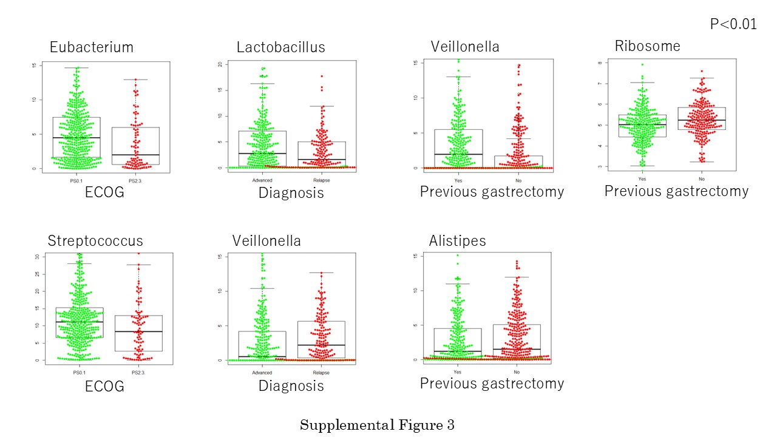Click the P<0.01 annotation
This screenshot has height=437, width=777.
click(x=733, y=24)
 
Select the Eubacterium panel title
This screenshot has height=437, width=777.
click(x=92, y=47)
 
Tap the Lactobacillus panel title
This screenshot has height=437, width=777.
click(x=281, y=47)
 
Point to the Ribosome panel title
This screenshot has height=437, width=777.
click(x=648, y=46)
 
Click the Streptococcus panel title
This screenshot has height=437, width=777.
click(x=95, y=241)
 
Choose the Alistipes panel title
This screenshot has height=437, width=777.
click(x=458, y=240)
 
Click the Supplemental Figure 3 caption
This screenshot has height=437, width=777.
click(x=377, y=425)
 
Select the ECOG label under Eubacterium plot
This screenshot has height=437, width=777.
click(x=104, y=192)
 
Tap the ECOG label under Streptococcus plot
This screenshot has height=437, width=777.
click(x=104, y=386)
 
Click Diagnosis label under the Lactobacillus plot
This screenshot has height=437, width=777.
click(x=291, y=193)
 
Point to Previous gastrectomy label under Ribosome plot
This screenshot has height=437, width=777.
click(x=676, y=191)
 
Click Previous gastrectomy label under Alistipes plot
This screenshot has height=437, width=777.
click(x=492, y=384)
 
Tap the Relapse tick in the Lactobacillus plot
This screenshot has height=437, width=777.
click(x=321, y=180)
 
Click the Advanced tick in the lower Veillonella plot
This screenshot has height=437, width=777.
click(x=262, y=373)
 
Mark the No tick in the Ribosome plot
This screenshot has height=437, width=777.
click(x=702, y=180)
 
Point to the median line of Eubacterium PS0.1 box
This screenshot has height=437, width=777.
click(x=76, y=138)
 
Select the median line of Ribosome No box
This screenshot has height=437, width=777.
click(x=702, y=120)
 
